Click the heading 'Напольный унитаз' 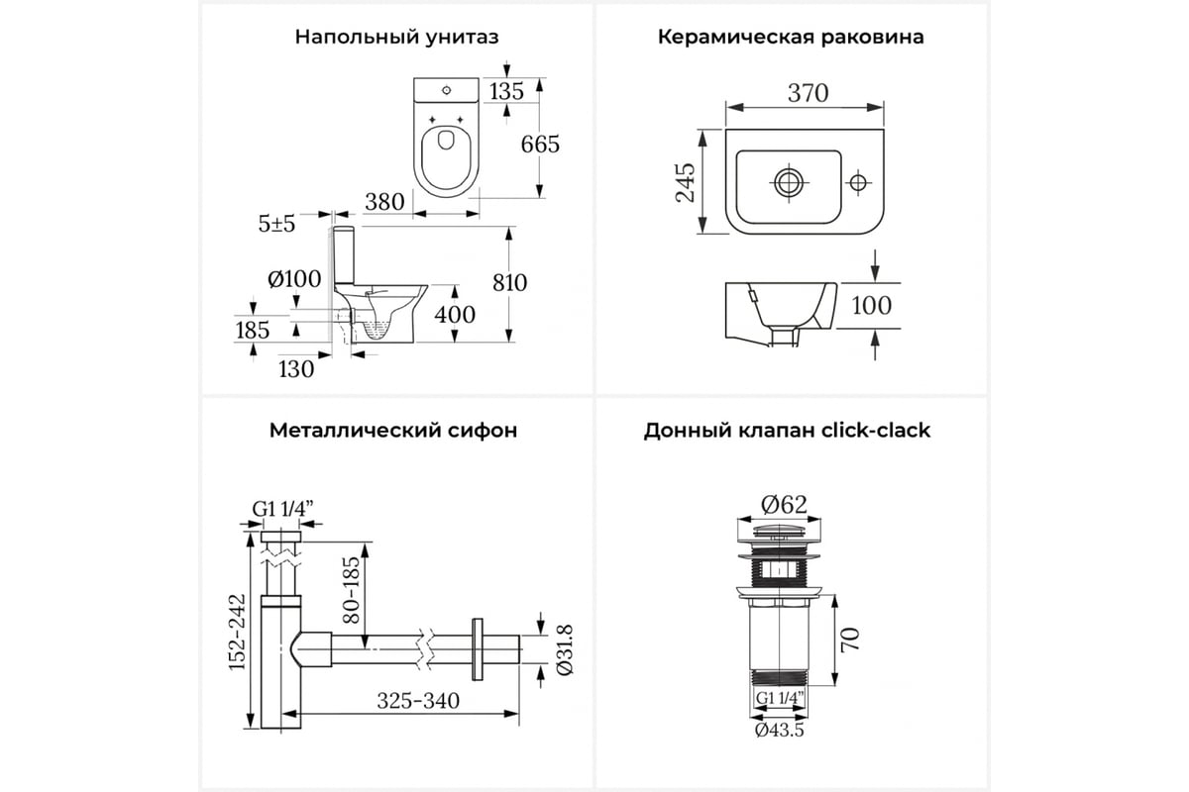396,38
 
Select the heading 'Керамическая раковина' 791,38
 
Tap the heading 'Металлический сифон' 393,430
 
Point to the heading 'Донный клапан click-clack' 787,430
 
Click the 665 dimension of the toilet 540,145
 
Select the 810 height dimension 509,283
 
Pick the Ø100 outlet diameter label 294,279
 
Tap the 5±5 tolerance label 276,224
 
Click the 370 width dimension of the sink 808,93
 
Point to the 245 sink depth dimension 686,182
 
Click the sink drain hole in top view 789,183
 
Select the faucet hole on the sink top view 858,183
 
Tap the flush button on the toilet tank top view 446,90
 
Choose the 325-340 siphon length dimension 418,701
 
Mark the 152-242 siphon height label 237,632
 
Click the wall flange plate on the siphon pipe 478,649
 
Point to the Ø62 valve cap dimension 784,505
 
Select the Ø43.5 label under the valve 779,731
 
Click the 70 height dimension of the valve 850,640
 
